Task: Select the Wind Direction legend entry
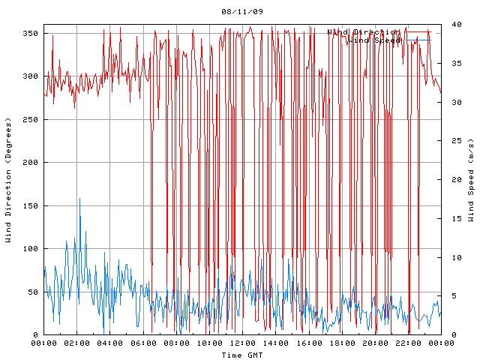[363, 32]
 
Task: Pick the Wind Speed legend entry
[374, 40]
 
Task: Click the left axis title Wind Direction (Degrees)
[8, 180]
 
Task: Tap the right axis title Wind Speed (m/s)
[471, 180]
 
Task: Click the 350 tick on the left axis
[30, 34]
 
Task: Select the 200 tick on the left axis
[30, 163]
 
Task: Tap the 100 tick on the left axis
[30, 249]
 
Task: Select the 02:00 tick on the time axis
[77, 343]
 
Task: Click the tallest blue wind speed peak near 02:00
[80, 199]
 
